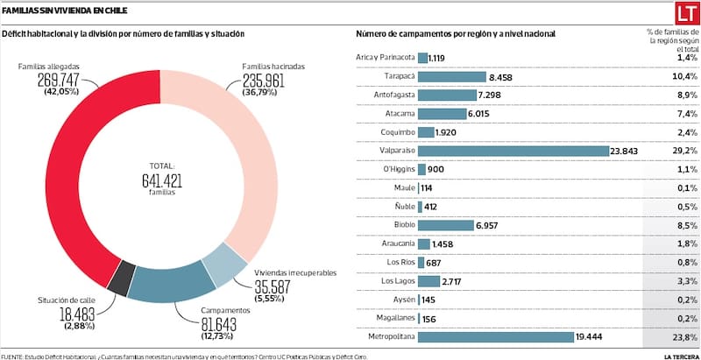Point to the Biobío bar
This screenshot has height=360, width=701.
pyautogui.click(x=446, y=225)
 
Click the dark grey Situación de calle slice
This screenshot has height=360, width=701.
pyautogui.click(x=125, y=278)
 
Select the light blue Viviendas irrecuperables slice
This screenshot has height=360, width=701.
pyautogui.click(x=230, y=266)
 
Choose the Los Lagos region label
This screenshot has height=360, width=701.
pyautogui.click(x=398, y=281)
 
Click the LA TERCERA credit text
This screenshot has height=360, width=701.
pyautogui.click(x=679, y=356)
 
